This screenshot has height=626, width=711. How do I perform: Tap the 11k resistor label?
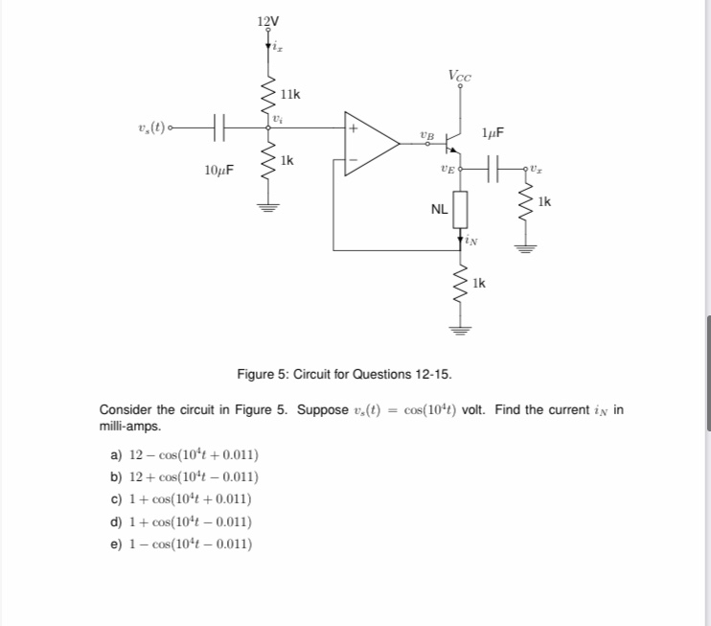point(289,94)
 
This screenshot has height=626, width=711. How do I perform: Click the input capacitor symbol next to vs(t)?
point(218,126)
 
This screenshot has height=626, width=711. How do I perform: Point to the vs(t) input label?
point(156,126)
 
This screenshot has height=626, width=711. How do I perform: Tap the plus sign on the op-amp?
point(354,127)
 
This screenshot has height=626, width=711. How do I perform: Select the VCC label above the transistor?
point(460,76)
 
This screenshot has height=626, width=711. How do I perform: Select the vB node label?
point(426,135)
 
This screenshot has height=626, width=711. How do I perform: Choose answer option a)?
point(183,454)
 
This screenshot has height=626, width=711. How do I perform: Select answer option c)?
point(182,499)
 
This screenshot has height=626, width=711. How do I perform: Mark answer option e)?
point(182,545)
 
